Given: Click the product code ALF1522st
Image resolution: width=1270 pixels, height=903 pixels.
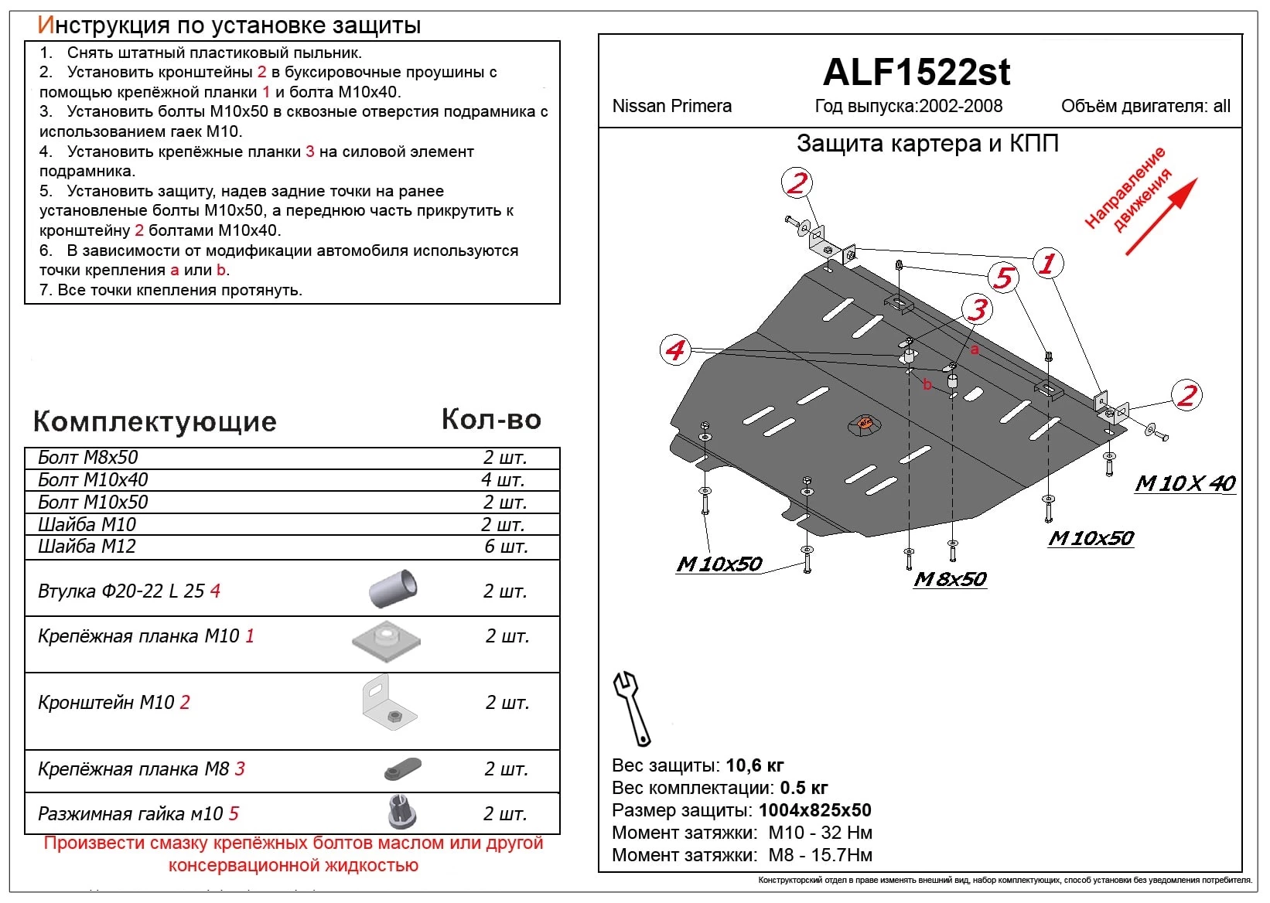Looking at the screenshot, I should coord(917,73).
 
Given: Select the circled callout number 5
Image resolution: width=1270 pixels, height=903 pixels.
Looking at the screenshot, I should coord(1003,277).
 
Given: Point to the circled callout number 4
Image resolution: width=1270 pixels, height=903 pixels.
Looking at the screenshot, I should coord(675,350).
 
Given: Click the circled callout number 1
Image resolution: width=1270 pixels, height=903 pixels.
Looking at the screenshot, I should coord(1047,263).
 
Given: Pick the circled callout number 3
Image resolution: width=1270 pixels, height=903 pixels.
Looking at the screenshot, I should coord(978,309).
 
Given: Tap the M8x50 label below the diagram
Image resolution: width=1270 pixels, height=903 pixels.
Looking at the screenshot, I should coord(950,579).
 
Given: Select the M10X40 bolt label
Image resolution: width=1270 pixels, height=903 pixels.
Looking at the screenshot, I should coord(1185,483).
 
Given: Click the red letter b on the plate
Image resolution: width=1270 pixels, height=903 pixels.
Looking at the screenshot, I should coord(927,384).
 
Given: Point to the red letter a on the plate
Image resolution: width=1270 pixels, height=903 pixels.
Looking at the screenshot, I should coord(975,350).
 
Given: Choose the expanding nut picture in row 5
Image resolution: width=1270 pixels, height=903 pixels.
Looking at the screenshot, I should coord(401,812).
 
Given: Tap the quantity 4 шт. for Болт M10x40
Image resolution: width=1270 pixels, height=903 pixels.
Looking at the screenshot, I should coord(504,479).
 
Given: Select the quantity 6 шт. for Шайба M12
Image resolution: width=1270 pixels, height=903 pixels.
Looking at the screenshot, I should coord(506,546).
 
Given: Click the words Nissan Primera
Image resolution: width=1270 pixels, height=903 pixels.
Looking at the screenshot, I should coord(671,106).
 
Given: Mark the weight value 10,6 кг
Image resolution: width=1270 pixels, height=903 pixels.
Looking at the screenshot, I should coord(755,765).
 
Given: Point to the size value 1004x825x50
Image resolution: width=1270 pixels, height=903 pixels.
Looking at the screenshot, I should coord(814,810).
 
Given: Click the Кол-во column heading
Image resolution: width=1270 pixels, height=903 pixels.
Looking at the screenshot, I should coord(491,419).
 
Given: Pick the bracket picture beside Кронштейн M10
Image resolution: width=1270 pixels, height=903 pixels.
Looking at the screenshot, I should coord(388,704).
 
